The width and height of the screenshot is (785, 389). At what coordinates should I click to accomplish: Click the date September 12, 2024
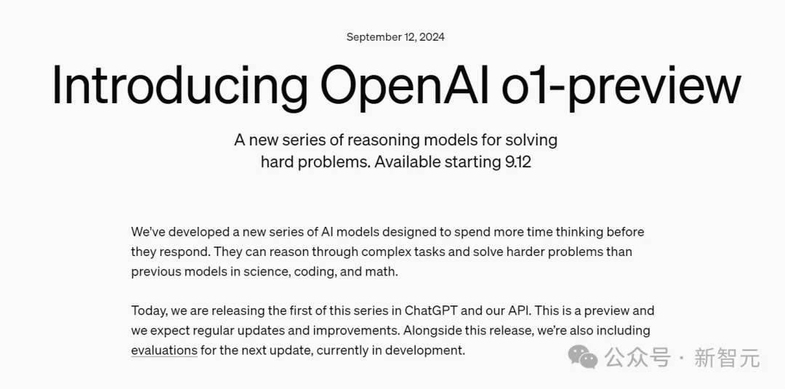point(395,37)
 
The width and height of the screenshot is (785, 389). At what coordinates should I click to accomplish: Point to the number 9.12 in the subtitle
point(518,162)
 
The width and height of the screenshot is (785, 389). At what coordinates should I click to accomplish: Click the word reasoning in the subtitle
point(382,140)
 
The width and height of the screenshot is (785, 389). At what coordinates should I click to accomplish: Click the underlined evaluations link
point(164,350)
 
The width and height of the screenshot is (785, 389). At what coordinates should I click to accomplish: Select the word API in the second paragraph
point(518,310)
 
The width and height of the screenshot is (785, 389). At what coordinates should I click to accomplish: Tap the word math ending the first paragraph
point(382,272)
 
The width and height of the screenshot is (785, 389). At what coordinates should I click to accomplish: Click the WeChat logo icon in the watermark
point(583,357)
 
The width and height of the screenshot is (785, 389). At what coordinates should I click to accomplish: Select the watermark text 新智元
point(727,358)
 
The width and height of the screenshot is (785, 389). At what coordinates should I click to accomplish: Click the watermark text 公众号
point(637,358)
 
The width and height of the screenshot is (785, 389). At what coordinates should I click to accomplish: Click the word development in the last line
point(426,350)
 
